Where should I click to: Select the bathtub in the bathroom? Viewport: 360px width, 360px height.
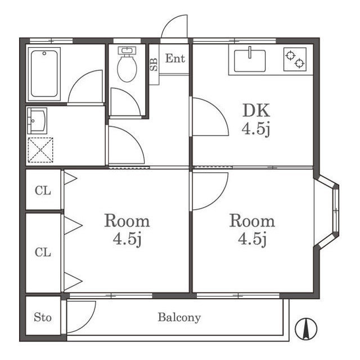point(44,74)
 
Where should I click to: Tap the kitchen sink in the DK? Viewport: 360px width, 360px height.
point(250,61)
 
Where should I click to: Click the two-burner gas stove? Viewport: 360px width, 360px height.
point(295,59)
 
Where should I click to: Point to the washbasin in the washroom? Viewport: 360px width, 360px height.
point(37,121)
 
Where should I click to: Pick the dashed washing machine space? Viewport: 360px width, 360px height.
point(40,150)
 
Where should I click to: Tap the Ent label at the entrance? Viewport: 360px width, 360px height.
point(175,58)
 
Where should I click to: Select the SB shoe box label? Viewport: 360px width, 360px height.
point(154,65)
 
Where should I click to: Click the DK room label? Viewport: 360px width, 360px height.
point(256,111)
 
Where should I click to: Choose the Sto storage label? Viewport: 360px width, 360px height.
point(43,317)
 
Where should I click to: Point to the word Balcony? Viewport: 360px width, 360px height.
point(179,318)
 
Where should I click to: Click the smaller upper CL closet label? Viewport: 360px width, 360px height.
point(43,191)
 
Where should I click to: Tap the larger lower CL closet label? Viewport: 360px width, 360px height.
point(43,253)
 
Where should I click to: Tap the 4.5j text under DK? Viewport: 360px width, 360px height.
point(256,130)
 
